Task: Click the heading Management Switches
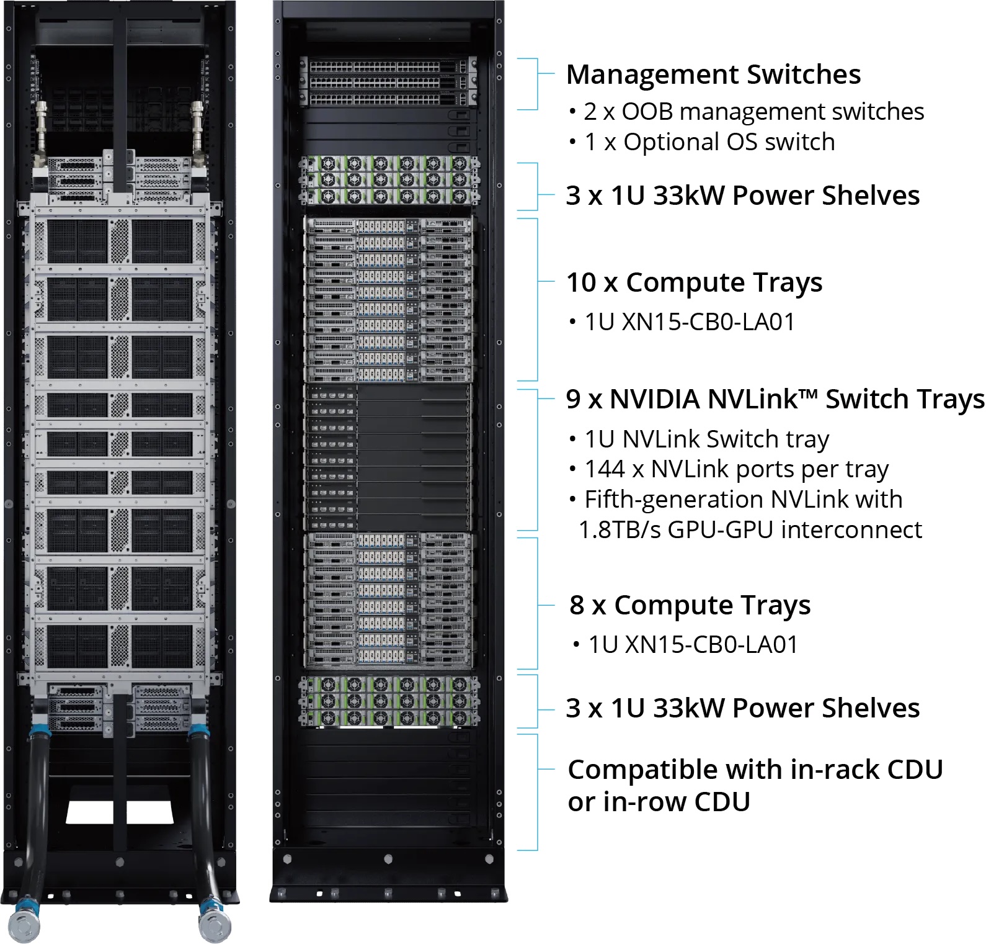pyautogui.click(x=713, y=74)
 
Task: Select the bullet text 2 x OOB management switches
pyautogui.click(x=754, y=112)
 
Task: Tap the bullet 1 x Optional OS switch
pyautogui.click(x=709, y=142)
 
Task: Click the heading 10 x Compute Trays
pyautogui.click(x=694, y=283)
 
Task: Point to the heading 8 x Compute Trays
pyautogui.click(x=690, y=606)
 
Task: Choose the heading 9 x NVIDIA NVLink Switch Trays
pyautogui.click(x=775, y=399)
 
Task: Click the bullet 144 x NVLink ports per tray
pyautogui.click(x=737, y=470)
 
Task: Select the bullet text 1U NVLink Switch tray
pyautogui.click(x=707, y=439)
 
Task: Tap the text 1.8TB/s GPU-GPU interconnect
pyautogui.click(x=750, y=530)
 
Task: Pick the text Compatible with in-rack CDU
pyautogui.click(x=755, y=770)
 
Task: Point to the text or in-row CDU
pyautogui.click(x=659, y=802)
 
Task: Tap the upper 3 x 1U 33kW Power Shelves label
pyautogui.click(x=743, y=196)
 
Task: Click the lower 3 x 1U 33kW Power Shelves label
pyautogui.click(x=743, y=709)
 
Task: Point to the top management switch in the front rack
pyautogui.click(x=388, y=66)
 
